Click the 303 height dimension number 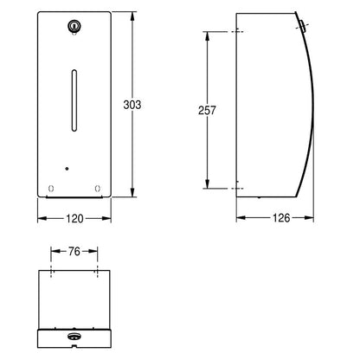tap(132, 105)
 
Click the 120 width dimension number tap(74, 219)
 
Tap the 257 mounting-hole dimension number tap(207, 110)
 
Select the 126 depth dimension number tap(281, 218)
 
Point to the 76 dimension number tap(74, 252)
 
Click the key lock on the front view tap(74, 26)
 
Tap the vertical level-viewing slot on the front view tap(74, 100)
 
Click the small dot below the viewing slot tap(67, 169)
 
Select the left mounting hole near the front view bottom tap(51, 189)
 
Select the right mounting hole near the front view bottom tap(98, 189)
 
